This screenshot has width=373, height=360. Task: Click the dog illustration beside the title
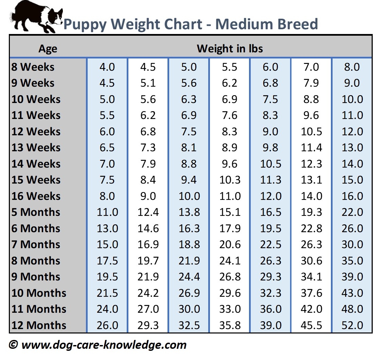[35, 17]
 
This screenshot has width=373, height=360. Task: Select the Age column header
[48, 49]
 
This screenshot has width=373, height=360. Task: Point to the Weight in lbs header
[230, 49]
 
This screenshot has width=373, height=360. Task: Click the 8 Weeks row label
[33, 67]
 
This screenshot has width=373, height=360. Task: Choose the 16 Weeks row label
[36, 196]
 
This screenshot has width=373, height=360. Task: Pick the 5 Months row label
[36, 212]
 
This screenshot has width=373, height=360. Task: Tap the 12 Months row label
[39, 325]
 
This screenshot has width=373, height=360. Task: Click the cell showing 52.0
[352, 325]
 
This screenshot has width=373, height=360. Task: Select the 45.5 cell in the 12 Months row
[311, 325]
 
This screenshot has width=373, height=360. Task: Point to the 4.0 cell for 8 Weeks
[107, 67]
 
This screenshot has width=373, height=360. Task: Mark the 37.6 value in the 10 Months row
[311, 293]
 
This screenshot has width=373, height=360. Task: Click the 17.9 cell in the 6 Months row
[230, 228]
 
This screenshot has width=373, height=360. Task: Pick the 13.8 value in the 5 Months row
[189, 212]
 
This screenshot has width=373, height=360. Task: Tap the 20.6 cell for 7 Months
[230, 245]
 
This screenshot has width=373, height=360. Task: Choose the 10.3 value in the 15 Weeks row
[230, 180]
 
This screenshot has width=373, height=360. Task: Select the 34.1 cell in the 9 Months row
[311, 277]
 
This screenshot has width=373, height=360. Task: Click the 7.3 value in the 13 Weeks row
[148, 148]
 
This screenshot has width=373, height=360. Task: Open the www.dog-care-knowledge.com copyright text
[98, 345]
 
